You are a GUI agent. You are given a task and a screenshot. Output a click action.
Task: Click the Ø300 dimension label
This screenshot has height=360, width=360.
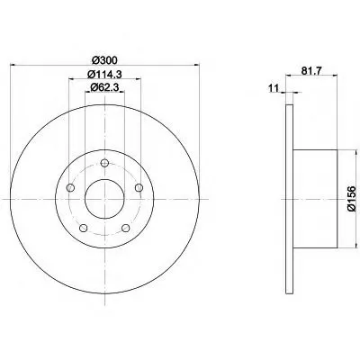click(104, 60)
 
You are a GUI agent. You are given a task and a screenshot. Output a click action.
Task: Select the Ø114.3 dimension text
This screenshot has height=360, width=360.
click(104, 74)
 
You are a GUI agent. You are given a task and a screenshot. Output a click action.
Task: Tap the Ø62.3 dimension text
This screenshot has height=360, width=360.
click(104, 87)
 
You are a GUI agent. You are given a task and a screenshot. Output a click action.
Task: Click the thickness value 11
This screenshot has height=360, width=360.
click(274, 88)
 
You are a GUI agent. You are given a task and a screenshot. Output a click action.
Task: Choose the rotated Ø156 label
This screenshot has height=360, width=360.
click(351, 199)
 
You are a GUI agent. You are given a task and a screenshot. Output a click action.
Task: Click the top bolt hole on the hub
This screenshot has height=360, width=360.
click(104, 163)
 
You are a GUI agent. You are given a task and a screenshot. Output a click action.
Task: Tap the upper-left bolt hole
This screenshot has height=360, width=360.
click(70, 188)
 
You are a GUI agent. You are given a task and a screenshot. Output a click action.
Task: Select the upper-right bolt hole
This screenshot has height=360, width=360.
click(139, 188)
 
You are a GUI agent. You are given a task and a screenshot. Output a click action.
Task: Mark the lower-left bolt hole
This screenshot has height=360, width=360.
click(84, 228)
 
